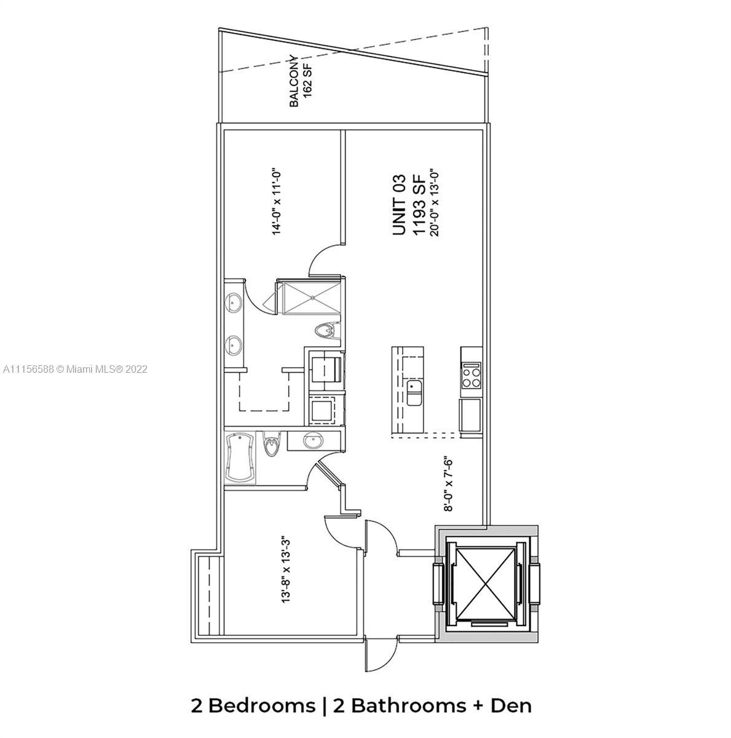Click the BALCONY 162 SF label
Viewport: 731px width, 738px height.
301,81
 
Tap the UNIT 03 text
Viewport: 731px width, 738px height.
398,205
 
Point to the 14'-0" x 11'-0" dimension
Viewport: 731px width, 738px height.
277,202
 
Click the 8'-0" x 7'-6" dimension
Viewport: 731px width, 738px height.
448,483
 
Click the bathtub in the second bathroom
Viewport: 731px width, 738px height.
240,458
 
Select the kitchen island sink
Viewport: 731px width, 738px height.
414,392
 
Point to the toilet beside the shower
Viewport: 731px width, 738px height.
328,330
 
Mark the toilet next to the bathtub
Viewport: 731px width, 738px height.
272,443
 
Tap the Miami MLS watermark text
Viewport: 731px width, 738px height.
75,369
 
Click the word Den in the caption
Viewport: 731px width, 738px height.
511,706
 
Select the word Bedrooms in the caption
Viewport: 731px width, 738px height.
261,706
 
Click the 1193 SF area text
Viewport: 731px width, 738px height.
418,205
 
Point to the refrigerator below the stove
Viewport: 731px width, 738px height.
471,414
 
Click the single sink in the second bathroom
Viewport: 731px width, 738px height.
313,441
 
